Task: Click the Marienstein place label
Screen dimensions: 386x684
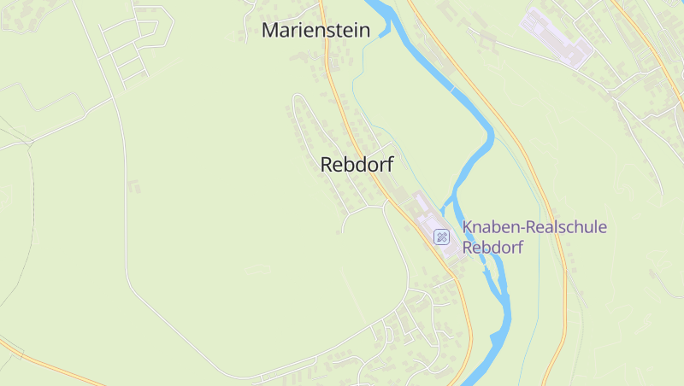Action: pyautogui.click(x=315, y=31)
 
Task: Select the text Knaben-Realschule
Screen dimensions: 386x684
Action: pyautogui.click(x=534, y=227)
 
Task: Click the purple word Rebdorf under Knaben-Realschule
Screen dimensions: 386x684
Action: pyautogui.click(x=492, y=248)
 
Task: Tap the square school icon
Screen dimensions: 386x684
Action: pyautogui.click(x=441, y=237)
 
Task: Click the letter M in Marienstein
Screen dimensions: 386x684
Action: pyautogui.click(x=271, y=31)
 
